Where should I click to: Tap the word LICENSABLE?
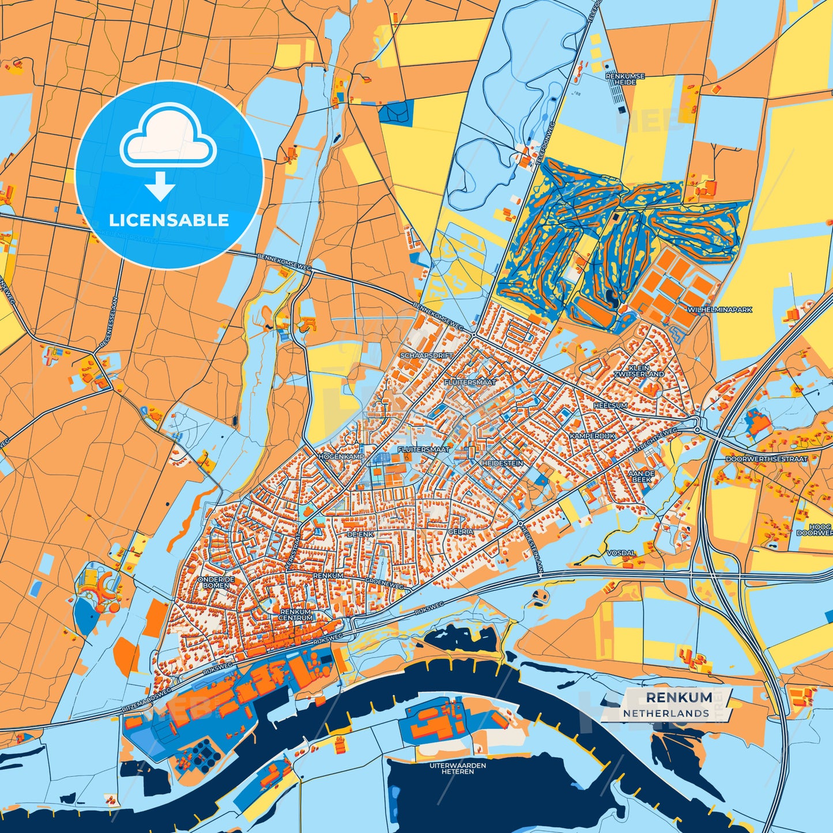pyautogui.click(x=169, y=220)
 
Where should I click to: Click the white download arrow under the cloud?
pyautogui.click(x=160, y=186)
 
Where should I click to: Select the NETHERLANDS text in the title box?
pyautogui.click(x=665, y=713)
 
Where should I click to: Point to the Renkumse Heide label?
pyautogui.click(x=625, y=79)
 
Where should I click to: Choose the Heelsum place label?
pyautogui.click(x=610, y=405)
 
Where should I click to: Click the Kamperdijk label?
pyautogui.click(x=592, y=436)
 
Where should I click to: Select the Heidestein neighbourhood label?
pyautogui.click(x=502, y=463)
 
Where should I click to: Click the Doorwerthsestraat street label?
pyautogui.click(x=766, y=459)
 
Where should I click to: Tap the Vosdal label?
pyautogui.click(x=621, y=553)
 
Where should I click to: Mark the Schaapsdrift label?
pyautogui.click(x=427, y=356)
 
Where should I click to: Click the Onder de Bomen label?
pyautogui.click(x=216, y=582)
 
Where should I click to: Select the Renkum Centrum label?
pyautogui.click(x=296, y=615)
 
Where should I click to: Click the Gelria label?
pyautogui.click(x=461, y=532)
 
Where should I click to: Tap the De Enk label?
pyautogui.click(x=360, y=534)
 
